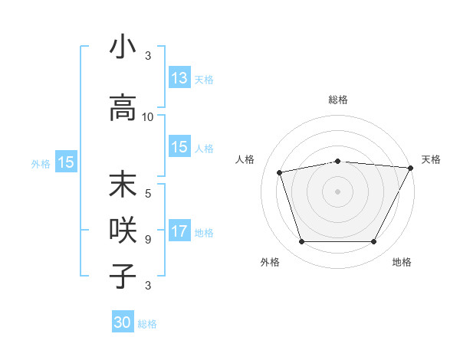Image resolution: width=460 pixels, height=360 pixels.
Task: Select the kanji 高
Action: pyautogui.click(x=123, y=107)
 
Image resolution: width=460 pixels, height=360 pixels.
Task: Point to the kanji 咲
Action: pyautogui.click(x=123, y=229)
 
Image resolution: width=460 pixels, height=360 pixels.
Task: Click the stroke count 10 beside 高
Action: pyautogui.click(x=148, y=117)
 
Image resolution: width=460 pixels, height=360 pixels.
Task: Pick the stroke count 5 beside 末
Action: pyautogui.click(x=148, y=193)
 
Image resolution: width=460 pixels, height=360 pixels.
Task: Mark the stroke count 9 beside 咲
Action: pyautogui.click(x=148, y=239)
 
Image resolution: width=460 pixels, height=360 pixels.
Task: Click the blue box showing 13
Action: pyautogui.click(x=179, y=78)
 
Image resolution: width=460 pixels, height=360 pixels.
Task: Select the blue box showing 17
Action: pyautogui.click(x=179, y=231)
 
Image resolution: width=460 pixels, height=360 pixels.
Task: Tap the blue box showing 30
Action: pyautogui.click(x=123, y=322)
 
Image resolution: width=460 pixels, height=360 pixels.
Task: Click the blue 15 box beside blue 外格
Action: pyautogui.click(x=66, y=162)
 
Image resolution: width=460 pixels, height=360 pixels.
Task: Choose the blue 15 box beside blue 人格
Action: pyautogui.click(x=179, y=148)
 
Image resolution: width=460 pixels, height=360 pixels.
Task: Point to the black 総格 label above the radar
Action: pyautogui.click(x=338, y=100)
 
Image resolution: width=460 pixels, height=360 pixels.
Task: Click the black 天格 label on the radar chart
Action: pyautogui.click(x=431, y=159)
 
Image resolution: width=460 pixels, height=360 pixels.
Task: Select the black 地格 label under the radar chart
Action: pyautogui.click(x=402, y=262)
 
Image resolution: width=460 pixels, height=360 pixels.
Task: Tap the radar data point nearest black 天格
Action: pyautogui.click(x=411, y=168)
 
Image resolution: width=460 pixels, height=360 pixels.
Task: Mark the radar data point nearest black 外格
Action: pyautogui.click(x=301, y=242)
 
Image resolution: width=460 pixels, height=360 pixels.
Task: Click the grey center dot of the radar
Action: pyautogui.click(x=338, y=191)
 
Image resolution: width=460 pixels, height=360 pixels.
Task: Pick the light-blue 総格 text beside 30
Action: pyautogui.click(x=147, y=324)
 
